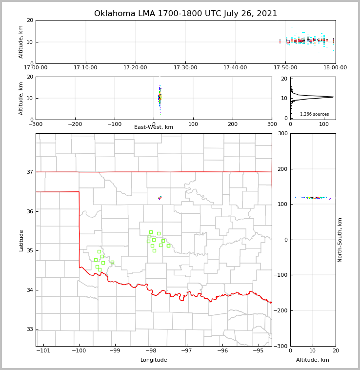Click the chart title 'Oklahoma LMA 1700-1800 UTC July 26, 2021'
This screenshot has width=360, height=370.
coord(185,14)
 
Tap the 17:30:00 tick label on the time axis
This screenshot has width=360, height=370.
coord(185,67)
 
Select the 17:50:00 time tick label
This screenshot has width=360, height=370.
coord(285,67)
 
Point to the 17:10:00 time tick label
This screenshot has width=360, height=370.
coord(86,67)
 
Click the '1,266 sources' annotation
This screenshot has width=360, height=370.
coord(314,114)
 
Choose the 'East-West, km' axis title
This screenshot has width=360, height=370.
coord(154,127)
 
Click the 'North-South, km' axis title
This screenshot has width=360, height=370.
coord(340,240)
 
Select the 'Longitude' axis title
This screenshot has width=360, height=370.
coord(154,360)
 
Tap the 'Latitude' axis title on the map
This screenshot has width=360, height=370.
coord(21,240)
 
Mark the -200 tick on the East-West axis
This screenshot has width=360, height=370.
coord(75,124)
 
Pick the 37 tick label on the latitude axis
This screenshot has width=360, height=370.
coord(29,172)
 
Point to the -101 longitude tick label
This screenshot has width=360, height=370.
coord(44,350)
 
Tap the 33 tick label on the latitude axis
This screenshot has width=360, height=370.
coord(29,329)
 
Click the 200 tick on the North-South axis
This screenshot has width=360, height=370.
coord(283,169)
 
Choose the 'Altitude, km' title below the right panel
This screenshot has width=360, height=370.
coord(313,360)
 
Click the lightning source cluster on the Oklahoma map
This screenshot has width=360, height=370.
coord(160,198)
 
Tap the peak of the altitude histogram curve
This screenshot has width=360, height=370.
coord(333,97)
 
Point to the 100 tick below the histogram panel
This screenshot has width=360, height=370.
coord(323,124)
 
